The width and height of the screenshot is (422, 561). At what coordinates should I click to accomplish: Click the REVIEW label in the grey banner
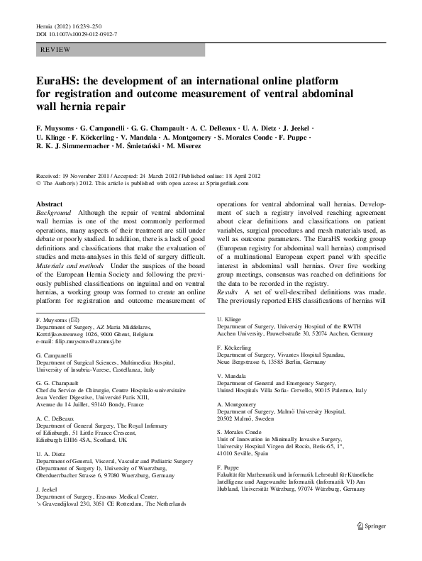pyautogui.click(x=55, y=50)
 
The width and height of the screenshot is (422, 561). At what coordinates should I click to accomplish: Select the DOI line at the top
pyautogui.click(x=76, y=34)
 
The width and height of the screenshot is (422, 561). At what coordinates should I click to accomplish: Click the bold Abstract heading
pyautogui.click(x=49, y=204)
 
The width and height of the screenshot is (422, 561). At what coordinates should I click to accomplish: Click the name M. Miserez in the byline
pyautogui.click(x=184, y=147)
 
